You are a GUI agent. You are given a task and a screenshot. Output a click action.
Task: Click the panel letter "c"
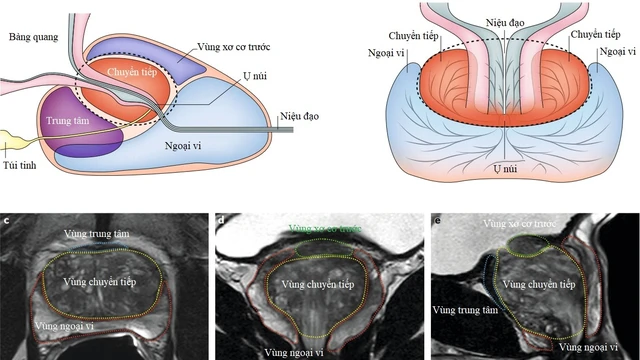point(8,219)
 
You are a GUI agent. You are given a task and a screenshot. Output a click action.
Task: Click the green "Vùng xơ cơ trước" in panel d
point(325,229)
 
